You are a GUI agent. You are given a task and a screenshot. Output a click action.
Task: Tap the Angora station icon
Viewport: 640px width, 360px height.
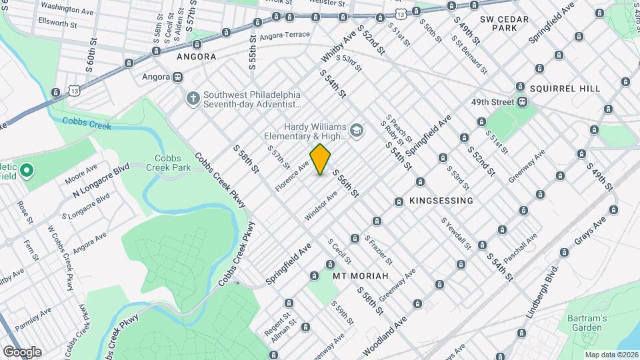tap(177, 77)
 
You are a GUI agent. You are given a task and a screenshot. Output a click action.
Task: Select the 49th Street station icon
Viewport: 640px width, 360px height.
tap(523, 102)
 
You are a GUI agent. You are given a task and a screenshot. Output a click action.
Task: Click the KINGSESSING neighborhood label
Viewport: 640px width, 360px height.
tap(441, 201)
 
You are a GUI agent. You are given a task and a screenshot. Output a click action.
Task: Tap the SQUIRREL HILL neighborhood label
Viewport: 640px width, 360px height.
tap(565, 88)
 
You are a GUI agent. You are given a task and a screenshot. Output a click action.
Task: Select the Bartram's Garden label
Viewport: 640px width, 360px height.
tap(587, 323)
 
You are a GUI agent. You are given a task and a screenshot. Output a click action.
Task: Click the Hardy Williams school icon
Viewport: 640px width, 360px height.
tap(357, 131)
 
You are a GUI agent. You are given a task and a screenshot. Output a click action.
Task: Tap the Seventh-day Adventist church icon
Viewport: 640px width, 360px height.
tap(193, 99)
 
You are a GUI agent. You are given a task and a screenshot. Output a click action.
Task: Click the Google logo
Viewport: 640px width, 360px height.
tap(21, 351)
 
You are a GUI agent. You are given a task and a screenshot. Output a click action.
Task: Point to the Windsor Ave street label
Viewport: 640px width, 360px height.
tap(321, 205)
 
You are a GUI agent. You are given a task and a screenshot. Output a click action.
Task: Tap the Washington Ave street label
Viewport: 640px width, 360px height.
tap(67, 11)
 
